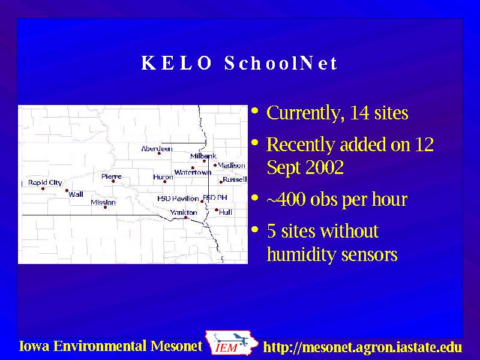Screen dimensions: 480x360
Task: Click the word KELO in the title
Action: pos(176,63)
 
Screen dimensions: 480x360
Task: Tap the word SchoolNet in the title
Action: pos(281,63)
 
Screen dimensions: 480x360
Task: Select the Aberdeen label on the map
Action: pos(157,149)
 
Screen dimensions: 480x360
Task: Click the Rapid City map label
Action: pos(45,183)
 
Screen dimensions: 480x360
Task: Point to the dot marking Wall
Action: pos(67,190)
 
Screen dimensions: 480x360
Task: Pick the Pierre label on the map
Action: pos(112,176)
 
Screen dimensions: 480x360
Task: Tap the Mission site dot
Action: pos(106,207)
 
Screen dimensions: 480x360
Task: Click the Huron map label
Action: pos(163,177)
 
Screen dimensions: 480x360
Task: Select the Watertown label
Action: pos(193,172)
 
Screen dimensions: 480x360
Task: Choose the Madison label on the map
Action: pos(232,166)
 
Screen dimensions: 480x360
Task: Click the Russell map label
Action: pos(235,179)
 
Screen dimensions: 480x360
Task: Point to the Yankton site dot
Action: pos(185,218)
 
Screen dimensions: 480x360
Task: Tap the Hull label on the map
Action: pos(226,212)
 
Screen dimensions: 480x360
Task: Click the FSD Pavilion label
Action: pos(178,199)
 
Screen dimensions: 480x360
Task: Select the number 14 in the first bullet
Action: pos(359,113)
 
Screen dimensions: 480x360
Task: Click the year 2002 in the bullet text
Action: pos(325,167)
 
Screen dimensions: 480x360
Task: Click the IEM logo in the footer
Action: pos(231,343)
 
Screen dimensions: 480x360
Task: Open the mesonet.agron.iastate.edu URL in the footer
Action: pos(363,347)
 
